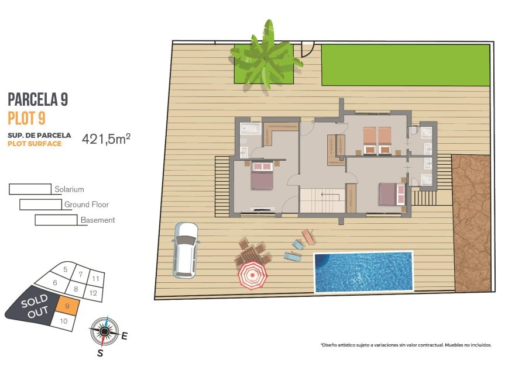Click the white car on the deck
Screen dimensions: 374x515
pos(186,249)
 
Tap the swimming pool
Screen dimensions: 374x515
pos(363,271)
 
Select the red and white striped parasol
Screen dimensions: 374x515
pos(252,274)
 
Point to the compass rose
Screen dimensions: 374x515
pos(104,331)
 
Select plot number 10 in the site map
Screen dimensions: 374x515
pos(64,321)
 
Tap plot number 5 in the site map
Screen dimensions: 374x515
pos(65,269)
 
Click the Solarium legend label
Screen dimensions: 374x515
pos(69,189)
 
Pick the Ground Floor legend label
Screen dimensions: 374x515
pos(87,205)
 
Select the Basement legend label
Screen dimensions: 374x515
pos(98,220)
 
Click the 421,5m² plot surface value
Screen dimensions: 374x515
pos(106,138)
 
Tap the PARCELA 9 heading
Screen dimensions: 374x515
pos(38,99)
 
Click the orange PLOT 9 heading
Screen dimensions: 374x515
pos(27,118)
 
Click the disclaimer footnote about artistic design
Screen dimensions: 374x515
pos(406,345)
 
